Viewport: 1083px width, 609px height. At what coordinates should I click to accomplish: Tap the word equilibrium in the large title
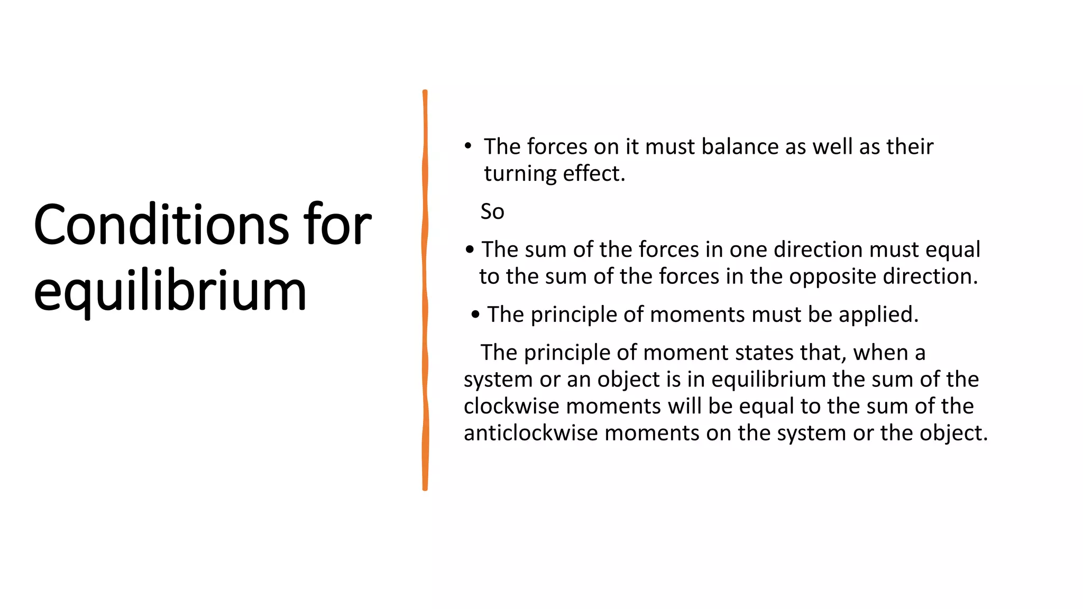pyautogui.click(x=170, y=291)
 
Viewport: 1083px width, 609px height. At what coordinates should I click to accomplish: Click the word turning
pyautogui.click(x=520, y=174)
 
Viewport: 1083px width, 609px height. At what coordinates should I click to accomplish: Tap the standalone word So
pyautogui.click(x=492, y=211)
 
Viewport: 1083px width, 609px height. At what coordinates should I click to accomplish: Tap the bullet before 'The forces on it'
pyautogui.click(x=467, y=145)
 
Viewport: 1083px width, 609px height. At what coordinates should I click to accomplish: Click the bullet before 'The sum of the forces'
pyautogui.click(x=470, y=249)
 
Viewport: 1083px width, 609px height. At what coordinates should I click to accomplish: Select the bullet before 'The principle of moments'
pyautogui.click(x=475, y=315)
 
